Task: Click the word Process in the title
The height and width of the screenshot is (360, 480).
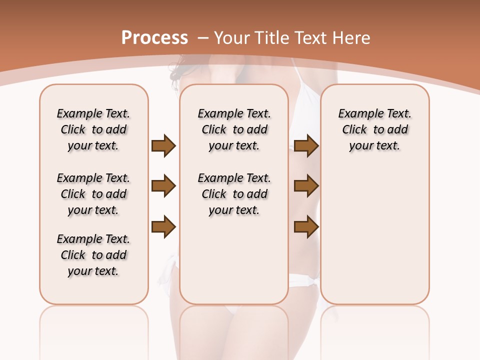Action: pos(154,37)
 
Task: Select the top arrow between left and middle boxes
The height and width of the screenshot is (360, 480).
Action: pos(163,145)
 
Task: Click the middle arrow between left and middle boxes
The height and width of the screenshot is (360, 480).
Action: pos(163,186)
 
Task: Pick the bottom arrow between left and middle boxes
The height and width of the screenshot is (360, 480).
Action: pos(163,226)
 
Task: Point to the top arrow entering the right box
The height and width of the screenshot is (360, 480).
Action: pos(306,145)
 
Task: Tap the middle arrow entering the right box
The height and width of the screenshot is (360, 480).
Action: pos(306,186)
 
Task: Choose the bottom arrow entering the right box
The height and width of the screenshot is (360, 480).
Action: pos(306,226)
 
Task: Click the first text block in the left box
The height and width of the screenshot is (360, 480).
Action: pos(93,129)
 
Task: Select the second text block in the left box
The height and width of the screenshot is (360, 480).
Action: pos(93,194)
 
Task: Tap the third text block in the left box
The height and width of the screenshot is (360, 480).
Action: pos(93,255)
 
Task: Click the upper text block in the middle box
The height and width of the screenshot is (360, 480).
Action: pos(234,129)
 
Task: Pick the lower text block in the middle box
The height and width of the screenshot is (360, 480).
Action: pos(234,194)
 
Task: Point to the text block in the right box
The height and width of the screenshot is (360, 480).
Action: pos(375,129)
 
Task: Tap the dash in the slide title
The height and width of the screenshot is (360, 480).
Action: pos(203,38)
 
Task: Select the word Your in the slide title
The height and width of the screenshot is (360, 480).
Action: pos(233,38)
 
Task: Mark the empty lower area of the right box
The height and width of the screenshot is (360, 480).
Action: pos(375,235)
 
